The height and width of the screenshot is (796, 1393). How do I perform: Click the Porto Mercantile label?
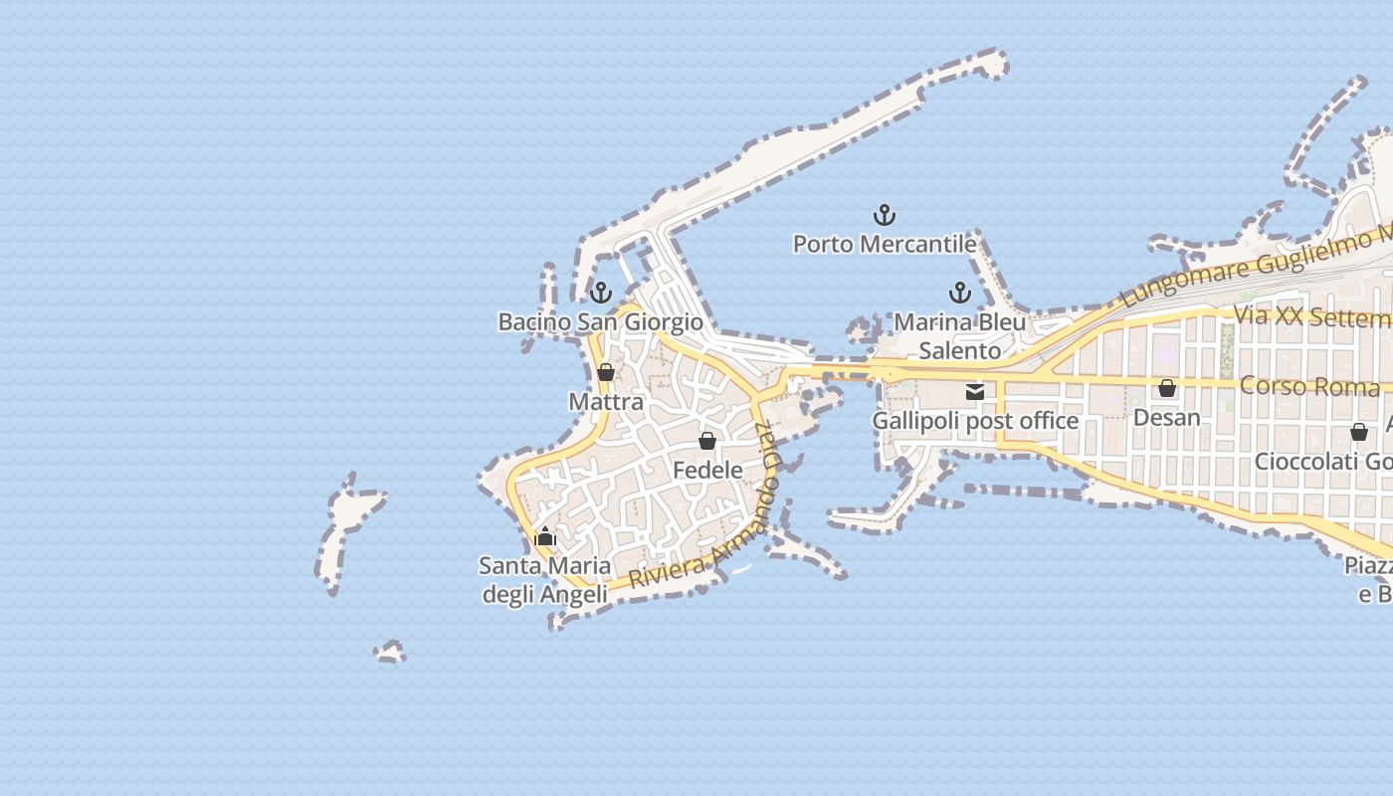(x=884, y=244)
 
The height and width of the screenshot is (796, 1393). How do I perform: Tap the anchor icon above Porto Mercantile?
(x=884, y=214)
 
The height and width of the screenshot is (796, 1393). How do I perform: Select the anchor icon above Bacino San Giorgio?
(x=600, y=293)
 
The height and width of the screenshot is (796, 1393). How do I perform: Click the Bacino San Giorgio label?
(x=600, y=322)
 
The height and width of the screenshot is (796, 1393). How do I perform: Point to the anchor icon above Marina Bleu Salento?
(x=959, y=293)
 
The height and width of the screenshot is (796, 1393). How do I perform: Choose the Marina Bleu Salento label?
(x=959, y=336)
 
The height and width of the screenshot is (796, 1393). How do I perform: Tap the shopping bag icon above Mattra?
(x=605, y=373)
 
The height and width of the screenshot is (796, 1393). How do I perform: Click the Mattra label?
(x=606, y=402)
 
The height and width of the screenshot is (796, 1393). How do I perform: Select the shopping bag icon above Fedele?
(x=707, y=441)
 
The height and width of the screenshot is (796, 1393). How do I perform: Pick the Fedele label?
(x=707, y=470)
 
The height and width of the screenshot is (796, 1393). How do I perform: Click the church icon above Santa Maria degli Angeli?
(x=544, y=537)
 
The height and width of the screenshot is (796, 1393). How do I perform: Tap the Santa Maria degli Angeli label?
(x=544, y=580)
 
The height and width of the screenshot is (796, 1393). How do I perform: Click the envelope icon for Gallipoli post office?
(x=975, y=392)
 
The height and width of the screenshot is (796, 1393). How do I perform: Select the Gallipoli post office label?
(x=975, y=421)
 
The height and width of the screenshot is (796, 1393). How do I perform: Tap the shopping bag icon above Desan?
(x=1167, y=388)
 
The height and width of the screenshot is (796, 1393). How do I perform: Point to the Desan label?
(x=1167, y=417)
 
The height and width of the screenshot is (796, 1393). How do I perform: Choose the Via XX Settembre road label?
(x=1311, y=317)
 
